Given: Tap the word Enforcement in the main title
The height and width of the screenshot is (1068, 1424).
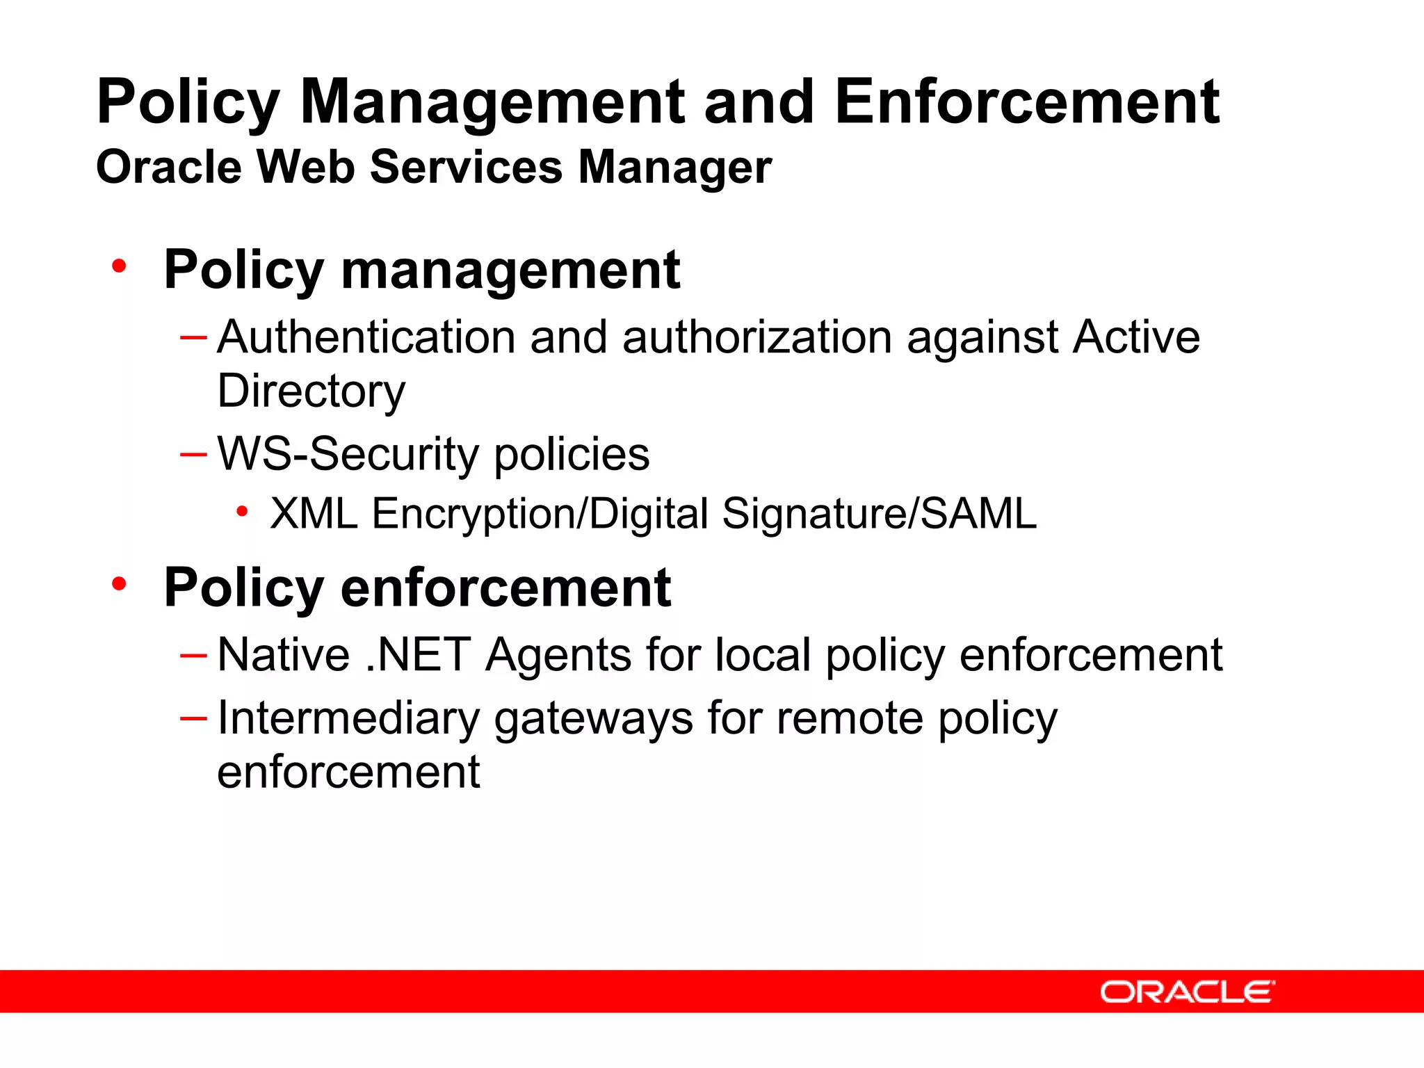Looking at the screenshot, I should [x=1027, y=102].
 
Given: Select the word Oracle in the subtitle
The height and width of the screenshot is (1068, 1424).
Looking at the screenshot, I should [x=169, y=168].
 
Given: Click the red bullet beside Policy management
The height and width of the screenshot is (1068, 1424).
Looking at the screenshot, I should [x=120, y=266].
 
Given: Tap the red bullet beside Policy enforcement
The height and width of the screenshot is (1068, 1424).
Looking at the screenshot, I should [x=120, y=584].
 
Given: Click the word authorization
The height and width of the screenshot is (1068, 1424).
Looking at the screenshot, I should [x=757, y=337].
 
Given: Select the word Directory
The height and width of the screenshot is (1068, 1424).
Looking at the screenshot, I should [x=311, y=391].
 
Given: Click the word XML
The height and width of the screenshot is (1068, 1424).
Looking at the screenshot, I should [x=314, y=514].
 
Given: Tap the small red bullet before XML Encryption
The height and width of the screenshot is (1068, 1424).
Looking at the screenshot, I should [x=242, y=512].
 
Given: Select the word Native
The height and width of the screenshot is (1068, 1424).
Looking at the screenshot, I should [x=284, y=655].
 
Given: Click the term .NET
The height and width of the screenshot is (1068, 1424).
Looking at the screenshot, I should [x=418, y=655].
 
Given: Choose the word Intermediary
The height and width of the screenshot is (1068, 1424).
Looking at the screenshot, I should [x=348, y=718].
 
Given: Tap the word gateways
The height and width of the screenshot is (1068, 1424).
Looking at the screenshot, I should [x=593, y=720].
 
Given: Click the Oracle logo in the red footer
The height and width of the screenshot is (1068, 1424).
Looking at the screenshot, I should [x=1188, y=992].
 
